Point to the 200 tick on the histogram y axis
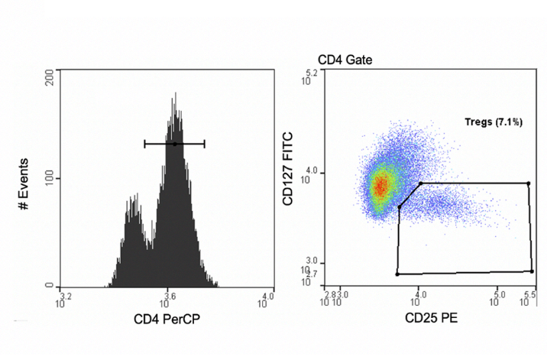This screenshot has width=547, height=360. [48, 72]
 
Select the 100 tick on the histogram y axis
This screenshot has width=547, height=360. [48, 178]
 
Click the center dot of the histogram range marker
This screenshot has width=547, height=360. [174, 144]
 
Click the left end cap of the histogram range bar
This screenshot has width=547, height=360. [144, 144]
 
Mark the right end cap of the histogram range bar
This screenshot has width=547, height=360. [204, 144]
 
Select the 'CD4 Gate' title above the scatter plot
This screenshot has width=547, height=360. [345, 59]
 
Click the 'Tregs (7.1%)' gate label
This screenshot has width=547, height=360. [494, 122]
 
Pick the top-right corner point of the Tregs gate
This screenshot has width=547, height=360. [528, 183]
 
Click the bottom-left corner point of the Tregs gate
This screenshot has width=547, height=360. [397, 274]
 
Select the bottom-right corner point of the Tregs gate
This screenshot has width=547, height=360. [532, 271]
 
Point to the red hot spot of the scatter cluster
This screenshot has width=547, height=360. [380, 186]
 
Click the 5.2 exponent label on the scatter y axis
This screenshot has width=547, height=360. [310, 72]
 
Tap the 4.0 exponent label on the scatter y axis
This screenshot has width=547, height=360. [311, 173]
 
